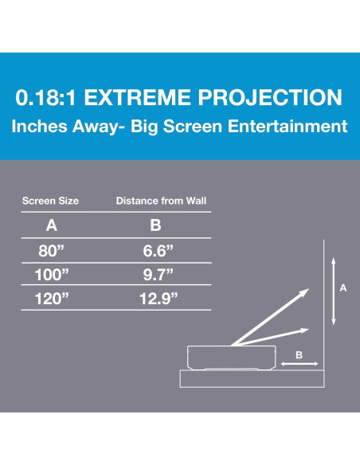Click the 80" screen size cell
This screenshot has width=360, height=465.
coord(52,252)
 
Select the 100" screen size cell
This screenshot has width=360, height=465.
coord(52,275)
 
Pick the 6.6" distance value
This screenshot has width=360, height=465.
coord(155,252)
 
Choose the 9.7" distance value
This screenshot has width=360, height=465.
coord(155,275)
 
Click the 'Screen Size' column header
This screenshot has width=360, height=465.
coord(50,201)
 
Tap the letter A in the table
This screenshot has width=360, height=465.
coord(52,225)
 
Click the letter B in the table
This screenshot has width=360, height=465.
coord(155,225)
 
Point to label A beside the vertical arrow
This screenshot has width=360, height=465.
coord(343,289)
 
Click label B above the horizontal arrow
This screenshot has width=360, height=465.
coord(299,356)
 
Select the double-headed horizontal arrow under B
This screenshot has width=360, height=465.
coord(299,365)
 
